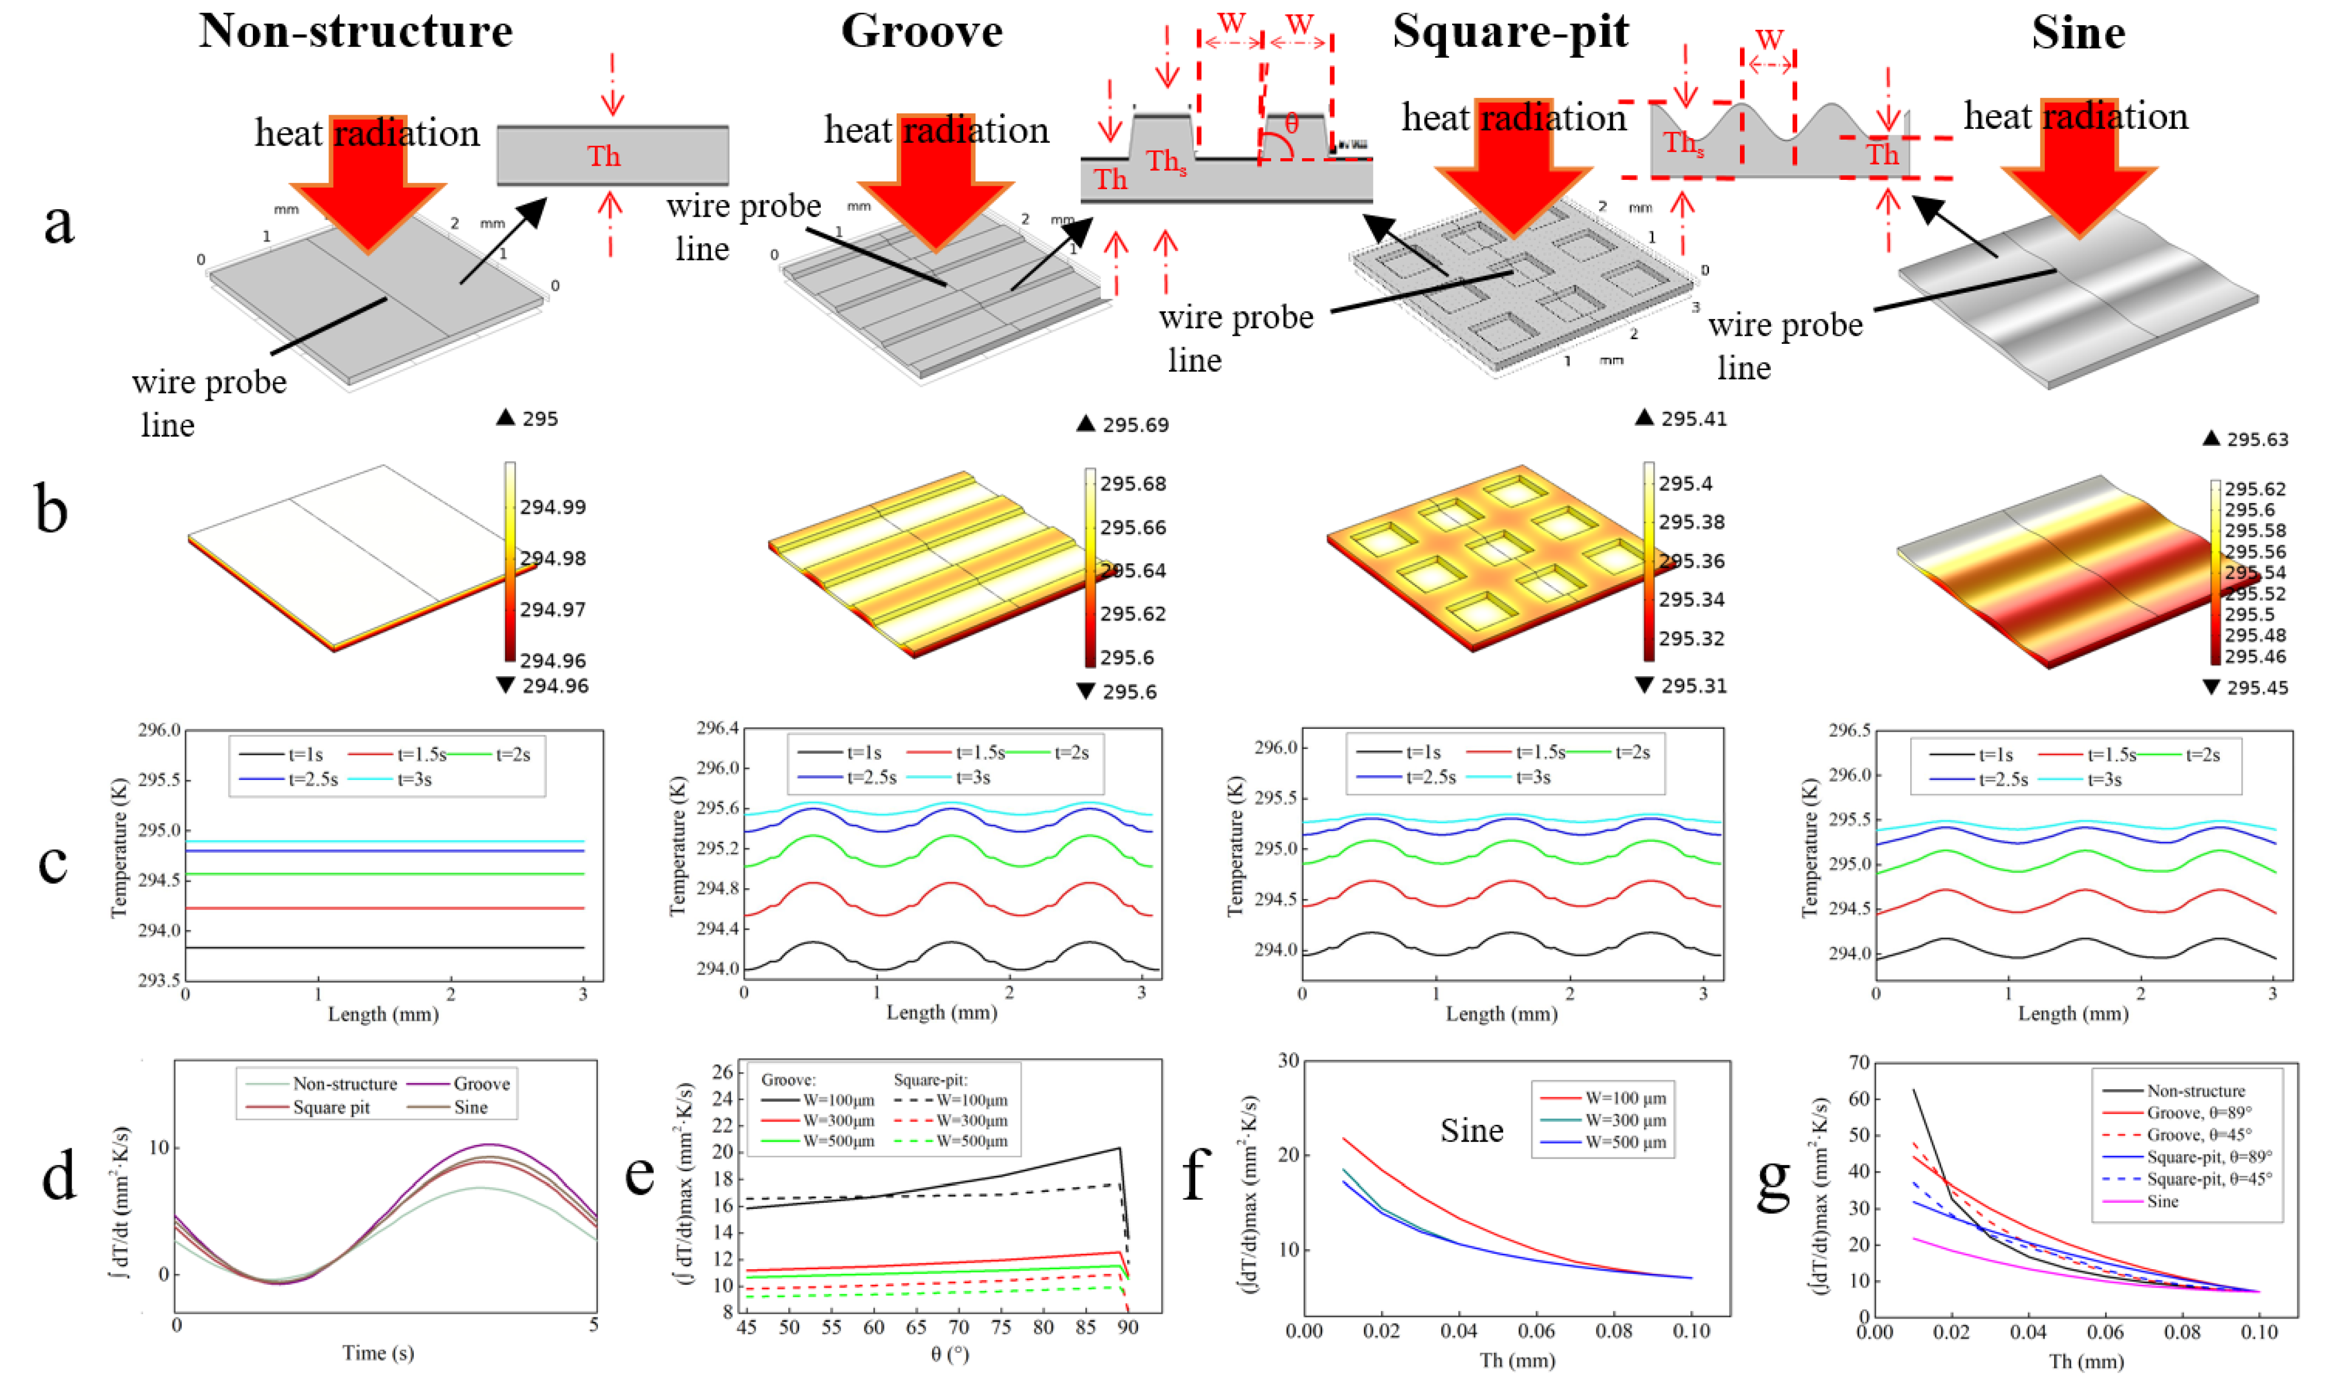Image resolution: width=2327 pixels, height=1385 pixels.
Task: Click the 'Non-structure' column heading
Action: click(355, 31)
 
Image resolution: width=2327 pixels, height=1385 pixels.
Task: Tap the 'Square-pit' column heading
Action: click(1509, 31)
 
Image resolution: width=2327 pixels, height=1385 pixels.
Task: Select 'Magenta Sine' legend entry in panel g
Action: click(2162, 1201)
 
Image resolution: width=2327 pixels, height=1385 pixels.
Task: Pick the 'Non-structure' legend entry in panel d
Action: click(345, 1084)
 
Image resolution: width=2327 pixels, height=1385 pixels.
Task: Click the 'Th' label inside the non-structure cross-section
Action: click(603, 156)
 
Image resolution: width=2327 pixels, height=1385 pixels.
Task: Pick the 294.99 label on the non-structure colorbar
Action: click(553, 507)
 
